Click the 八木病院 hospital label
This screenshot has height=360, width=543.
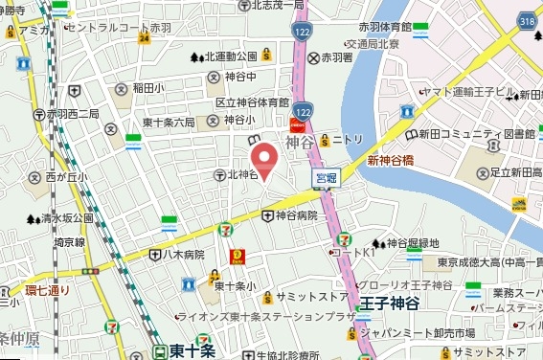pos(182,255)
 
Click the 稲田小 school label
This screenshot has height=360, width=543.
pos(148,87)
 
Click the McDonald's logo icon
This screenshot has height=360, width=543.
pos(237,257)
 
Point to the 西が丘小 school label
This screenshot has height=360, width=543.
pos(65,177)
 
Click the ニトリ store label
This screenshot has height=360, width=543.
pos(348,140)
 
